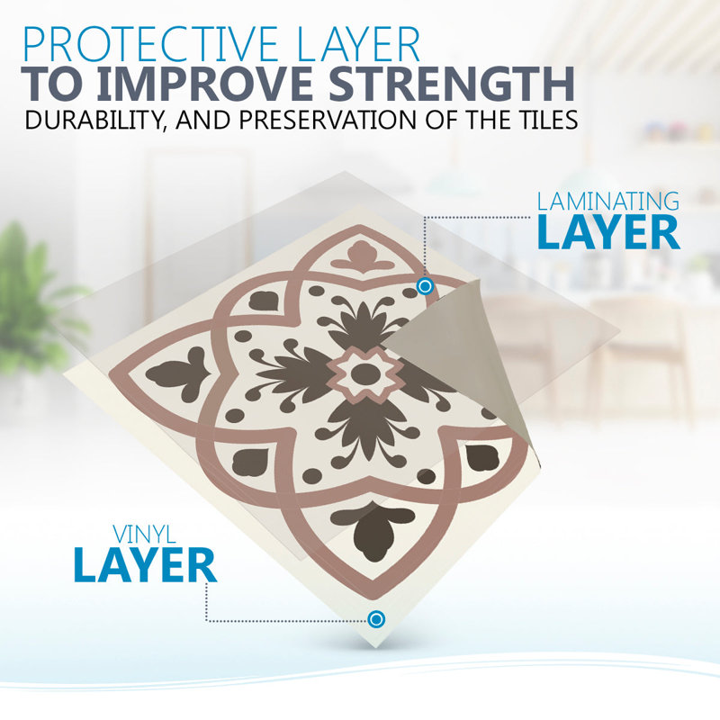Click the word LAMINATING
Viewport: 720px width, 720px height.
coord(608,201)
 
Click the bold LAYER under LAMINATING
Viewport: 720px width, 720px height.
coord(608,232)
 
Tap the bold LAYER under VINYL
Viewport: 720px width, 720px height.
coord(145,565)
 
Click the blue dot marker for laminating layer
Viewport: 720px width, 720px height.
coord(425,286)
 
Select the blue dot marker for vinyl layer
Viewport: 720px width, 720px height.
coord(376,619)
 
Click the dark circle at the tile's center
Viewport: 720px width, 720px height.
coord(364,373)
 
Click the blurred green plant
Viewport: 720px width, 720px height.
coord(34,299)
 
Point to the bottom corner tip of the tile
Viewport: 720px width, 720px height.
coord(376,647)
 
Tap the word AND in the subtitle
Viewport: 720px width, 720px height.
coord(202,120)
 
